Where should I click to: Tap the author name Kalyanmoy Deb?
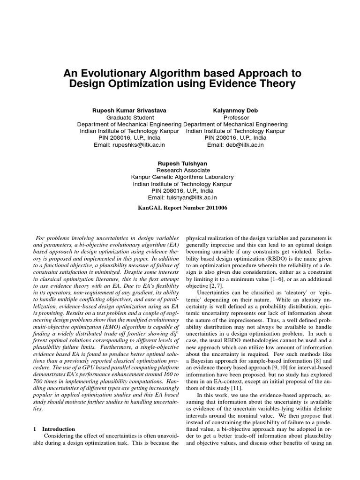coord(235,110)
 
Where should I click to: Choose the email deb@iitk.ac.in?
coord(235,145)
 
